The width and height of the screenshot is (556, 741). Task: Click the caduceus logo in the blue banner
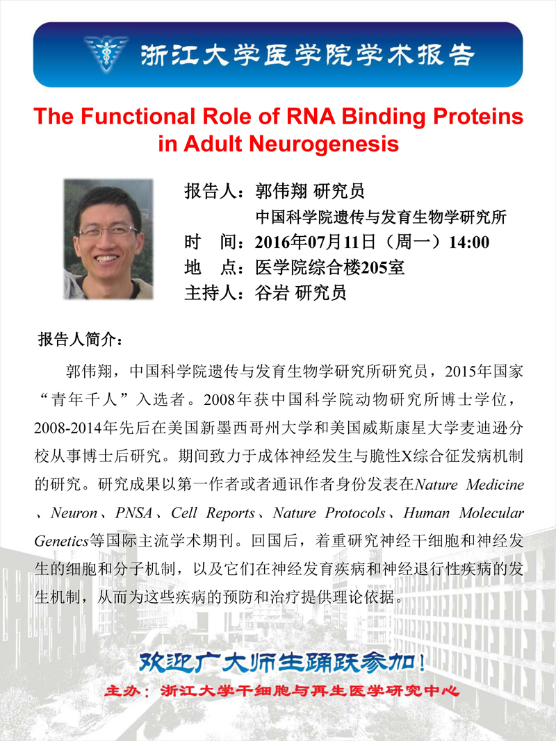[x=106, y=53]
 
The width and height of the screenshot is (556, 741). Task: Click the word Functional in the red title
[x=138, y=116]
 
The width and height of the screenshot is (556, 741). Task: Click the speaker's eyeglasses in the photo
[x=108, y=231]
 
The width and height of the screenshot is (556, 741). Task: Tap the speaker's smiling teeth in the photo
[x=106, y=258]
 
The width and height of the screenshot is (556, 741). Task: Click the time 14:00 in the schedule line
[x=469, y=242]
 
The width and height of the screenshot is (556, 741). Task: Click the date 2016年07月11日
[x=316, y=242]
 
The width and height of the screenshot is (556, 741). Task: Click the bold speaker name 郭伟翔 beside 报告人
[x=281, y=191]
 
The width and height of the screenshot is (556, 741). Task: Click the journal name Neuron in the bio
[x=74, y=513]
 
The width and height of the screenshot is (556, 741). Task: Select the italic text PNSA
[x=134, y=513]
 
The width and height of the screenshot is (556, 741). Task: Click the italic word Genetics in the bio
[x=61, y=541]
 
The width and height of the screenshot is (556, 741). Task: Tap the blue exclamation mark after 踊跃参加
[x=422, y=663]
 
